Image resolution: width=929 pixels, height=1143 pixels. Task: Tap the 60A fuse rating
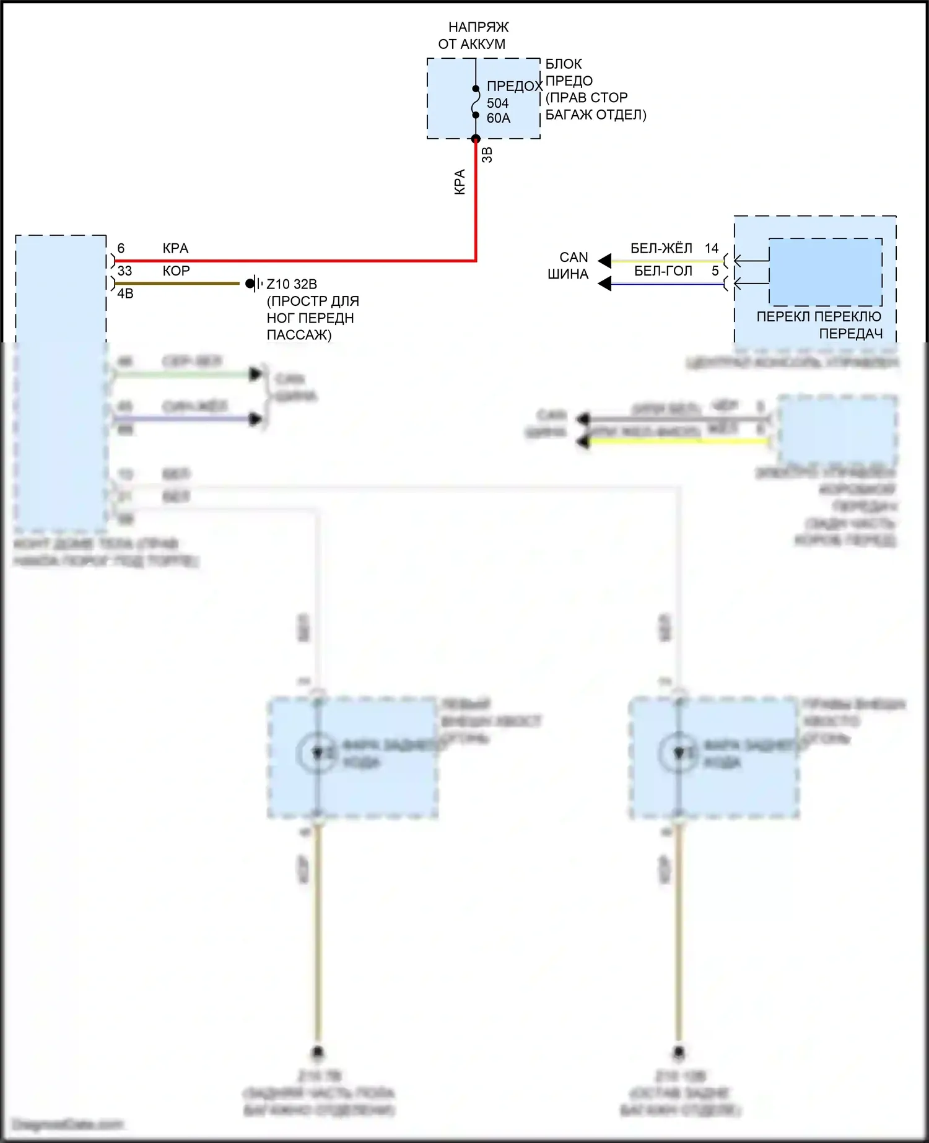tap(499, 118)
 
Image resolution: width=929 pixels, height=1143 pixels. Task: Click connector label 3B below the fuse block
tap(487, 155)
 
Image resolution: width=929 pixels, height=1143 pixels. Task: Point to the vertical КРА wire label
tap(460, 182)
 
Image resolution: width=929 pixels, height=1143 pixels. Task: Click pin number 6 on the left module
tap(121, 248)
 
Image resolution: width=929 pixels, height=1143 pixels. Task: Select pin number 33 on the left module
tap(124, 271)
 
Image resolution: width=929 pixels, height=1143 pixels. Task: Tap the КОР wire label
tap(176, 271)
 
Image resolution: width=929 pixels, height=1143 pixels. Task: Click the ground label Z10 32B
tap(292, 284)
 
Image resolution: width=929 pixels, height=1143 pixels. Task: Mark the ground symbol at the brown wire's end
tap(253, 284)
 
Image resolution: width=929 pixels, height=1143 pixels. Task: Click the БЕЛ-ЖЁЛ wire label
tap(661, 248)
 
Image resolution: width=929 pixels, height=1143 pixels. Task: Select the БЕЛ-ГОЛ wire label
tap(663, 271)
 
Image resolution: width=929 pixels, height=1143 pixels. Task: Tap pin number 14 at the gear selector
tap(711, 248)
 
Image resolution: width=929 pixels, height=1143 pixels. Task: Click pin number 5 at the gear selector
tap(715, 271)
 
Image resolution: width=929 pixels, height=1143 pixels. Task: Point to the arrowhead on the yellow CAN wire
tap(604, 261)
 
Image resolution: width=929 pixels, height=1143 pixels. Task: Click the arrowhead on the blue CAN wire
tap(604, 284)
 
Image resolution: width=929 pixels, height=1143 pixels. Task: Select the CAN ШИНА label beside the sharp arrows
tap(569, 266)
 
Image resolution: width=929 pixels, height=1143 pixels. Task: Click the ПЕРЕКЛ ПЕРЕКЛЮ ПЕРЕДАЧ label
tap(819, 325)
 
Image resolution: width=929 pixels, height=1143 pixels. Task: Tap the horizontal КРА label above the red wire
tap(175, 248)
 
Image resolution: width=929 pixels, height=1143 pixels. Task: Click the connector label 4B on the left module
tap(125, 293)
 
